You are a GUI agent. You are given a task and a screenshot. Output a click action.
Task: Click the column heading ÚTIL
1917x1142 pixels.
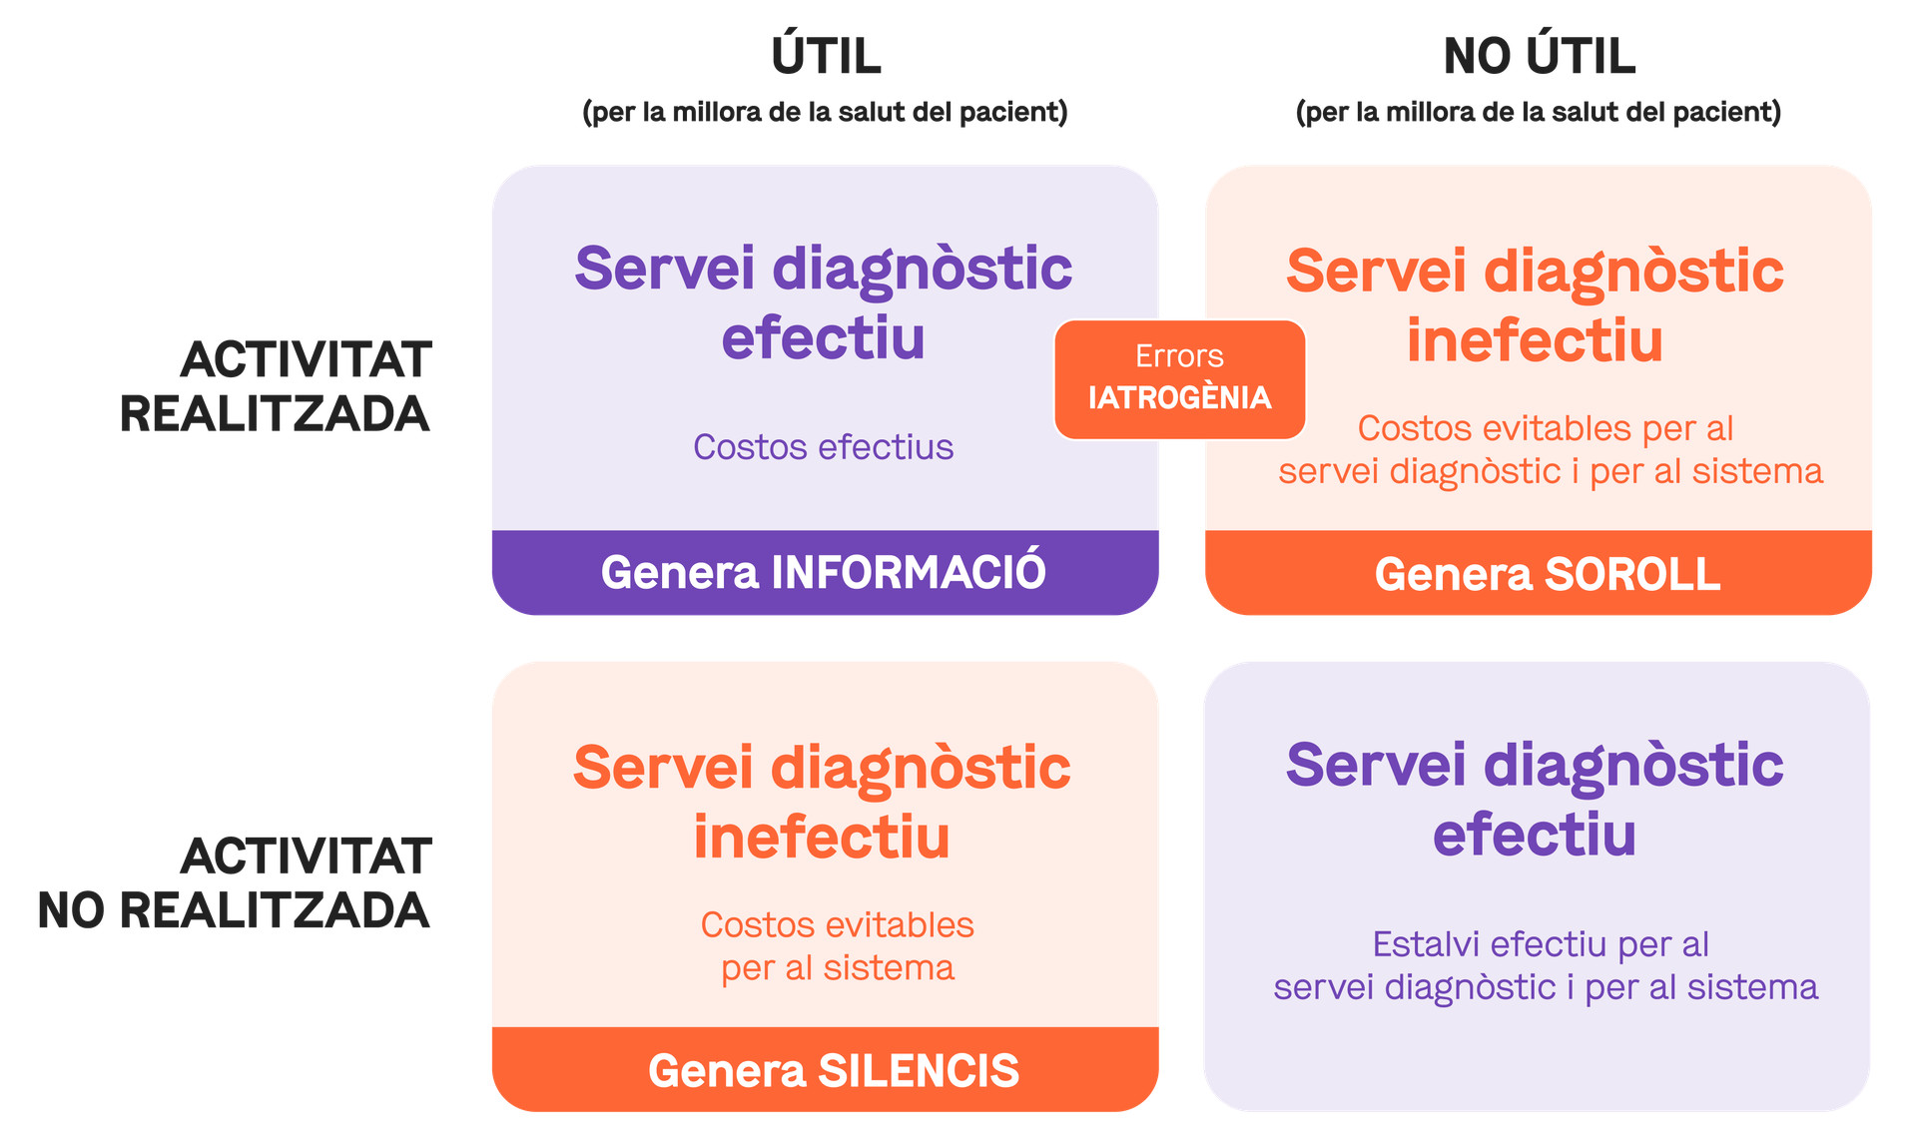pyautogui.click(x=826, y=57)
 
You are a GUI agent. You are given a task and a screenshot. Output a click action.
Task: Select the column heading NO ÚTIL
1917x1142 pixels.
pyautogui.click(x=1539, y=57)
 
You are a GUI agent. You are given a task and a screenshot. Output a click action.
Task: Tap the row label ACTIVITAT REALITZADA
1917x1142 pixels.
pyautogui.click(x=277, y=387)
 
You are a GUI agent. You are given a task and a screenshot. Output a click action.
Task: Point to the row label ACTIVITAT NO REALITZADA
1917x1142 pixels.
pyautogui.click(x=235, y=883)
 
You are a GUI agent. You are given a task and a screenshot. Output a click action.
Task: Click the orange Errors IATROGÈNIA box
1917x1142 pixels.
pyautogui.click(x=1179, y=378)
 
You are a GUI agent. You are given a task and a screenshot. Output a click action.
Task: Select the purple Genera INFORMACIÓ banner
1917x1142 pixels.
pyautogui.click(x=824, y=573)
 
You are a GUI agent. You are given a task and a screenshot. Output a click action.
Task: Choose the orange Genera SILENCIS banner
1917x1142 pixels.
pyautogui.click(x=834, y=1071)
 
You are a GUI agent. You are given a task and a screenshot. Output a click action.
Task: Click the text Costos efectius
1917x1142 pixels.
pyautogui.click(x=824, y=447)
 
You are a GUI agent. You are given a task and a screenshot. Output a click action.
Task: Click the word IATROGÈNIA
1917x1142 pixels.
pyautogui.click(x=1179, y=398)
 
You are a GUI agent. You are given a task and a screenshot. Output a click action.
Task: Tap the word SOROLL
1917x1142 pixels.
pyautogui.click(x=1632, y=574)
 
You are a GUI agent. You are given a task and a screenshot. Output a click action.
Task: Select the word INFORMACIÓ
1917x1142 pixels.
pyautogui.click(x=909, y=573)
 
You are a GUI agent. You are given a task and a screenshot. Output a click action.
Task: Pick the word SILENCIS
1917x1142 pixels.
pyautogui.click(x=919, y=1071)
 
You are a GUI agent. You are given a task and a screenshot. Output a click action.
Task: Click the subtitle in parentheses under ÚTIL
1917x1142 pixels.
pyautogui.click(x=825, y=112)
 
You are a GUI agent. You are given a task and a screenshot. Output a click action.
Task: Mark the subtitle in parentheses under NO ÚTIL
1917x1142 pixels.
pyautogui.click(x=1539, y=112)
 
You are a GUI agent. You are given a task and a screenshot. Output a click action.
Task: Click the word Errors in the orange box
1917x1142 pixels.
pyautogui.click(x=1179, y=356)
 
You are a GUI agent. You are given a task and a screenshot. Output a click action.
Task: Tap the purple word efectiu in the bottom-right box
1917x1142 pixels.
pyautogui.click(x=1535, y=835)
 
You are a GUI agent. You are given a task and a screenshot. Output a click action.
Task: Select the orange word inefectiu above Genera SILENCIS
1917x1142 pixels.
pyautogui.click(x=822, y=837)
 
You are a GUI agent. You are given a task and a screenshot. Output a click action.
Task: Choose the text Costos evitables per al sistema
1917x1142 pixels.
pyautogui.click(x=837, y=946)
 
